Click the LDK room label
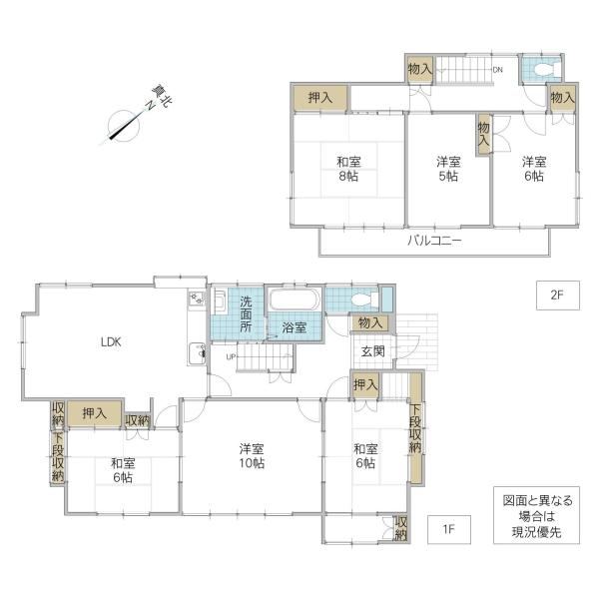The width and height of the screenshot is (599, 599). point(111,341)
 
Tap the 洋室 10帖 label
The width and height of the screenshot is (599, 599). point(252,456)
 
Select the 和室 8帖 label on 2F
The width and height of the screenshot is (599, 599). point(348,169)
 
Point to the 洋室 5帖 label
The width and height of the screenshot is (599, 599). point(448,169)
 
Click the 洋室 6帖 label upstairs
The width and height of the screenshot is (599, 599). point(534,169)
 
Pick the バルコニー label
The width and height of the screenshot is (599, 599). point(434,241)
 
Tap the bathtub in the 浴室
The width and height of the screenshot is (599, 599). point(295,299)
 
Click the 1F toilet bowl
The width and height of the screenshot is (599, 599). point(363,299)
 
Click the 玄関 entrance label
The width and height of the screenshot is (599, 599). point(372,351)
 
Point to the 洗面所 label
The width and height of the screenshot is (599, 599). point(246,314)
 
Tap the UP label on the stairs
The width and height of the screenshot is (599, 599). point(231,357)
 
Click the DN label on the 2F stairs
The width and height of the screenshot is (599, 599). point(497,70)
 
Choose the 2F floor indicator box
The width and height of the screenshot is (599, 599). point(558,296)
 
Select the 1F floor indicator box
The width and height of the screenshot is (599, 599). point(449,529)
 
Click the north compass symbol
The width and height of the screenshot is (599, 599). point(124,125)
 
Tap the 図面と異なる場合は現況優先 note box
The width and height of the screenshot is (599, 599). point(536,515)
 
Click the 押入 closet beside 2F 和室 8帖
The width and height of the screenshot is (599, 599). point(320,98)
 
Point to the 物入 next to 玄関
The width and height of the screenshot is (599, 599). point(370,323)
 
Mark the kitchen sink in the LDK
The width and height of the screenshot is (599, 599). point(197,353)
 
